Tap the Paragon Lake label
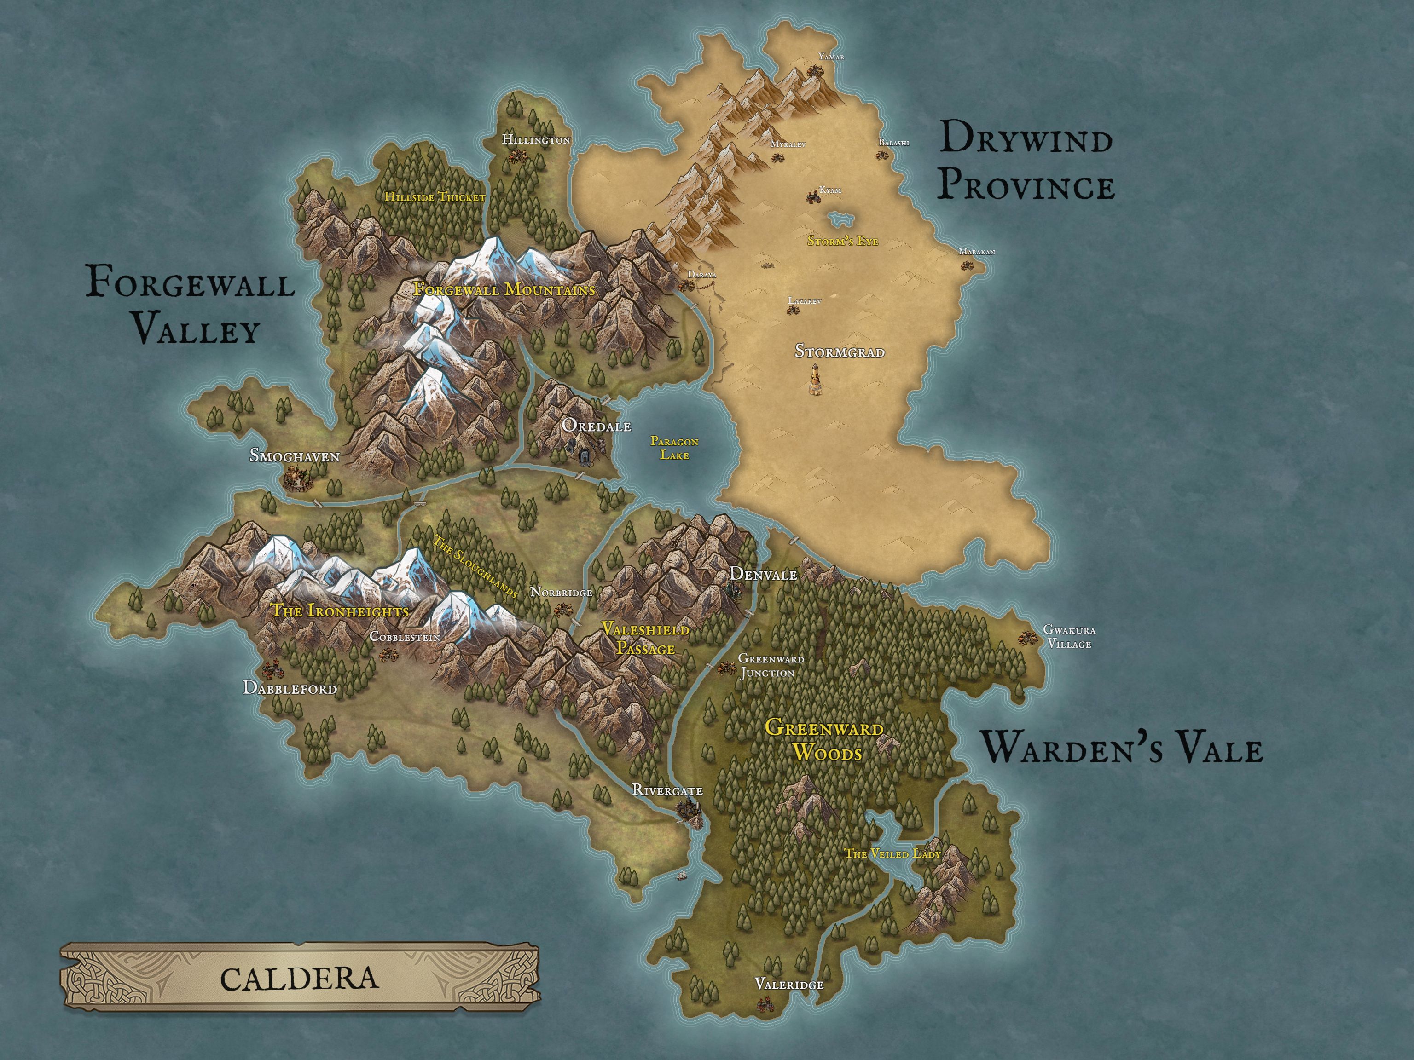coord(674,448)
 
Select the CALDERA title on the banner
coord(299,978)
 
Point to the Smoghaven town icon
coord(296,477)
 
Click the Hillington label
coord(536,139)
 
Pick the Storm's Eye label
coord(842,241)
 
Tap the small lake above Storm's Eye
coord(842,219)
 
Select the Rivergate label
coord(667,790)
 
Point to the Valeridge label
coord(789,984)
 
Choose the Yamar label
coord(831,57)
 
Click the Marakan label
coord(977,252)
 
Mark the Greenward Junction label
coord(770,665)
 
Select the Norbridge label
coord(561,592)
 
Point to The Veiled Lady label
coord(892,853)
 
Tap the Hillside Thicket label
coord(435,197)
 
